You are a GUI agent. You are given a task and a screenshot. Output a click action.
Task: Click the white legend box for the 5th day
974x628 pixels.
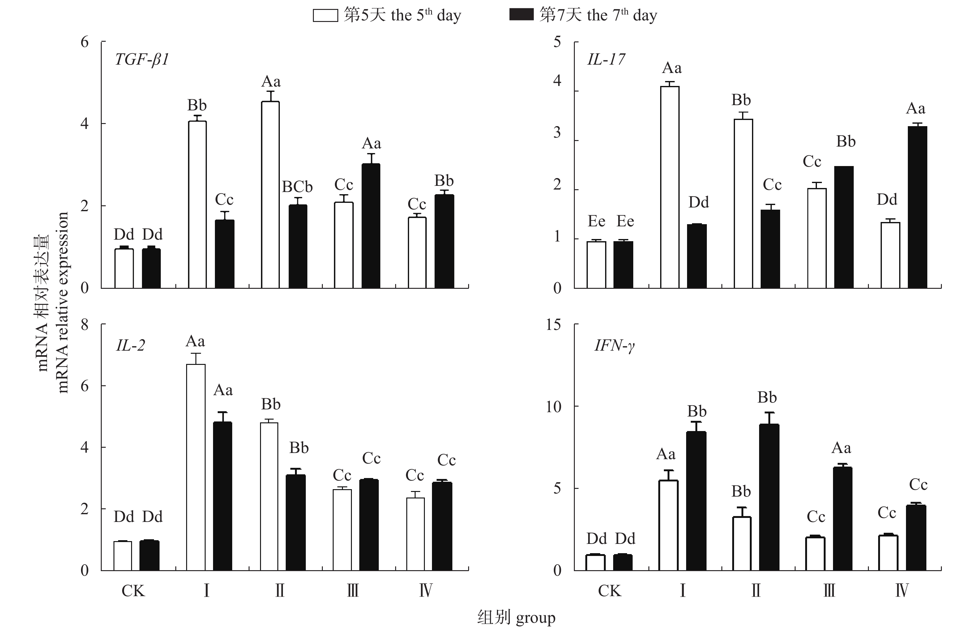325,15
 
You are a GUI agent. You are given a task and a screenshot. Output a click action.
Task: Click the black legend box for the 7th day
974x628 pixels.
521,15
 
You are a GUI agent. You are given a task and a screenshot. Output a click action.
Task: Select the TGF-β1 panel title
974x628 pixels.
142,60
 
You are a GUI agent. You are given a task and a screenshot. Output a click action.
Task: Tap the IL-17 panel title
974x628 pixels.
606,60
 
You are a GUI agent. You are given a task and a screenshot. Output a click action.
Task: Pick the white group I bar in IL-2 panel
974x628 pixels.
196,467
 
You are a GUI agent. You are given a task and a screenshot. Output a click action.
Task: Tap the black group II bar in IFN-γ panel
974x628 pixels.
769,497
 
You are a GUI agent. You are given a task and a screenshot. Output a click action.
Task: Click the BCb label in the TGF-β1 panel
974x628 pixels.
297,187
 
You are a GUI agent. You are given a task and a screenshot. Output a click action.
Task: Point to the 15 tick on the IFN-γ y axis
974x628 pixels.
554,325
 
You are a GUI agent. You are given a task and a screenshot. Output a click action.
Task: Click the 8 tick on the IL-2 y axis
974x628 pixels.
84,325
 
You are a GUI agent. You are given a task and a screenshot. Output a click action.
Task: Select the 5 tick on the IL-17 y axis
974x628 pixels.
557,42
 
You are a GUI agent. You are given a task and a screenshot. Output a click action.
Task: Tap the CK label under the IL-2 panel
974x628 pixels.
133,591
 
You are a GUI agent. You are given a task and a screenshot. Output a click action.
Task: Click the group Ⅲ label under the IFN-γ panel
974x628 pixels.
829,591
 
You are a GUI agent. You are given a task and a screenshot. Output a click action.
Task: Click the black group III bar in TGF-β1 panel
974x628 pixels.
371,226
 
